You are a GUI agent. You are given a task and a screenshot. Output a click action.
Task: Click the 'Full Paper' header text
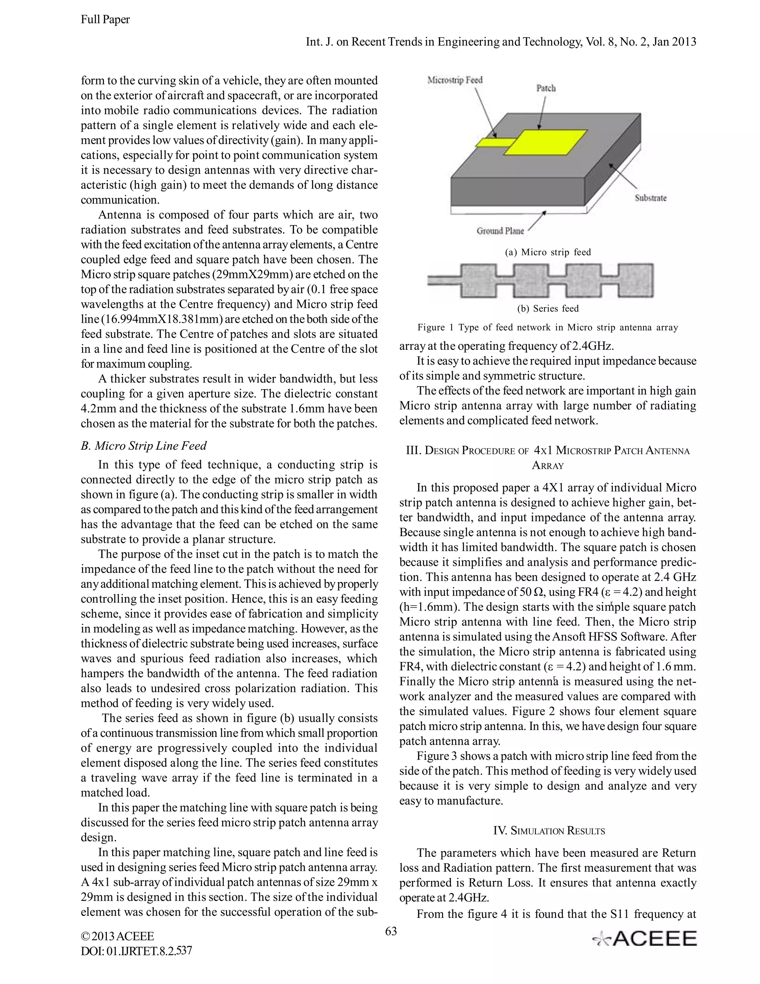(x=105, y=19)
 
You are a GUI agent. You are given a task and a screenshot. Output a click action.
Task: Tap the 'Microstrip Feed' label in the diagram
(x=455, y=80)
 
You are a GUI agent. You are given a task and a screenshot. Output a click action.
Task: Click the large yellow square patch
(x=545, y=142)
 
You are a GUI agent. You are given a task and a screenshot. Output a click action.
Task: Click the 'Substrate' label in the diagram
(x=651, y=198)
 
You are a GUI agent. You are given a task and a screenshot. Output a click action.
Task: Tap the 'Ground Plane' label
(x=500, y=231)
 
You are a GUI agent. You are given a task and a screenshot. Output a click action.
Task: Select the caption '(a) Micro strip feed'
(x=547, y=252)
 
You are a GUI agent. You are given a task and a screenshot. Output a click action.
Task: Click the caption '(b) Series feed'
(x=547, y=309)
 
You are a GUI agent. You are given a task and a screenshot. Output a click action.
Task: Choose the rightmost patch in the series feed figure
(x=635, y=281)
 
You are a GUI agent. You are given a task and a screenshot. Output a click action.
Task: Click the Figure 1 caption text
(x=547, y=328)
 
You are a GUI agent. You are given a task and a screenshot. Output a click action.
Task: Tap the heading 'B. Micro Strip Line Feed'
(x=143, y=446)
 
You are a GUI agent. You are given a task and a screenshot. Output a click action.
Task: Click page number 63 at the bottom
(x=391, y=931)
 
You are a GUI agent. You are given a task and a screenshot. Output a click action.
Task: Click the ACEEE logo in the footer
(x=645, y=939)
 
